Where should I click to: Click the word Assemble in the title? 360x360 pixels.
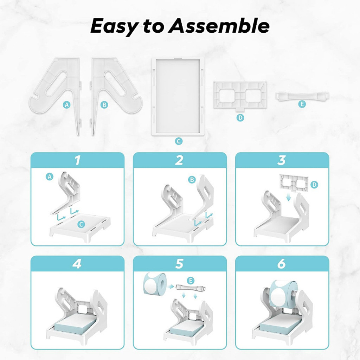pos(218,26)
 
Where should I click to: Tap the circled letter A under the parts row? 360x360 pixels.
pos(66,105)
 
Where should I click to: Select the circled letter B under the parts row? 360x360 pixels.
pos(104,105)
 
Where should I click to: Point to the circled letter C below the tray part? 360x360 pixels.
pos(179,141)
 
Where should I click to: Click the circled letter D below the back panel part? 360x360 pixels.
pos(240,118)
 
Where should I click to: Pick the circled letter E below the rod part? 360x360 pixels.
pos(302,104)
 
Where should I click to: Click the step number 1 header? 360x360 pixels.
pos(78,160)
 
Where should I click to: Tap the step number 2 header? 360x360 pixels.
pos(179,160)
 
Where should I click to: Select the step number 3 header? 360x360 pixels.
pos(282,160)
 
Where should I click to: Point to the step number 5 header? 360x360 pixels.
pos(179,264)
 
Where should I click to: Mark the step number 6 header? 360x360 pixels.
pos(282,264)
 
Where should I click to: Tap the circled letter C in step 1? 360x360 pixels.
pos(81,224)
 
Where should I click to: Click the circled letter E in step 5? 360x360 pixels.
pos(190,281)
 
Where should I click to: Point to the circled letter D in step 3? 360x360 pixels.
pos(314,185)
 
